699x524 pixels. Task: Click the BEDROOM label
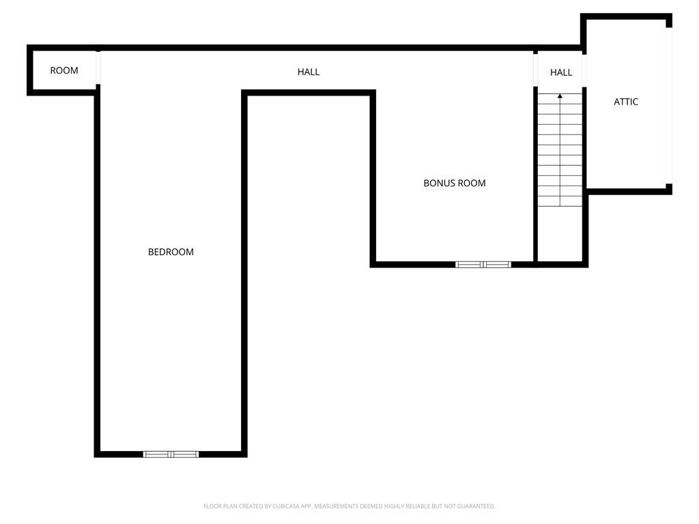point(171,252)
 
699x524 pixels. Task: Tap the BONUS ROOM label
point(455,183)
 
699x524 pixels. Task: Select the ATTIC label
point(626,102)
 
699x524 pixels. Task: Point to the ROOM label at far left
point(64,70)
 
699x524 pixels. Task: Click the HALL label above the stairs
point(561,72)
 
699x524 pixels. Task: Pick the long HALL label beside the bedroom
point(309,72)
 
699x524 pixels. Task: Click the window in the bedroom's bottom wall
point(171,454)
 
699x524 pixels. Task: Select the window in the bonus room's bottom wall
point(483,264)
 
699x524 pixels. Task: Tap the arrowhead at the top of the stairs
point(560,96)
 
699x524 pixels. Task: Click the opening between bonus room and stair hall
point(535,69)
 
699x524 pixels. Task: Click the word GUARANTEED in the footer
point(474,506)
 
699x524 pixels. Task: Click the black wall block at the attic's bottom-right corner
point(669,189)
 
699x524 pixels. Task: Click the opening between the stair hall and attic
point(584,69)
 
